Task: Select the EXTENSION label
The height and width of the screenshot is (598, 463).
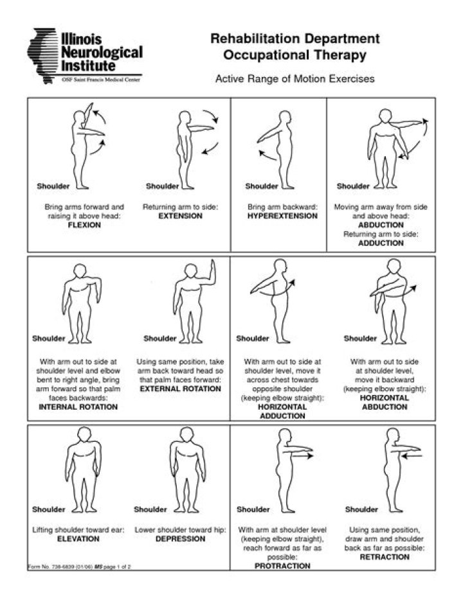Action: (x=180, y=216)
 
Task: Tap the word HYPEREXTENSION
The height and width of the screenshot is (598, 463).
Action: (x=282, y=216)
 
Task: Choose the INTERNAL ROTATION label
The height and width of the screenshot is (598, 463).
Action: (x=78, y=407)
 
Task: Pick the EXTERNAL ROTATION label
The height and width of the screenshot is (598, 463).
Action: (x=180, y=389)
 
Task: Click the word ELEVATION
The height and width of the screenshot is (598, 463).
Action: (x=78, y=539)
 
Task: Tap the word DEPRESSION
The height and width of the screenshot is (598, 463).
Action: (x=180, y=539)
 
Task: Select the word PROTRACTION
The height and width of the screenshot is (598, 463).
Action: (x=282, y=567)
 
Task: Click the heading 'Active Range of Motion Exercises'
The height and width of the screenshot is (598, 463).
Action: (x=295, y=80)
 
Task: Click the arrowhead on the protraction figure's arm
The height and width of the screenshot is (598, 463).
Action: (x=309, y=455)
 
